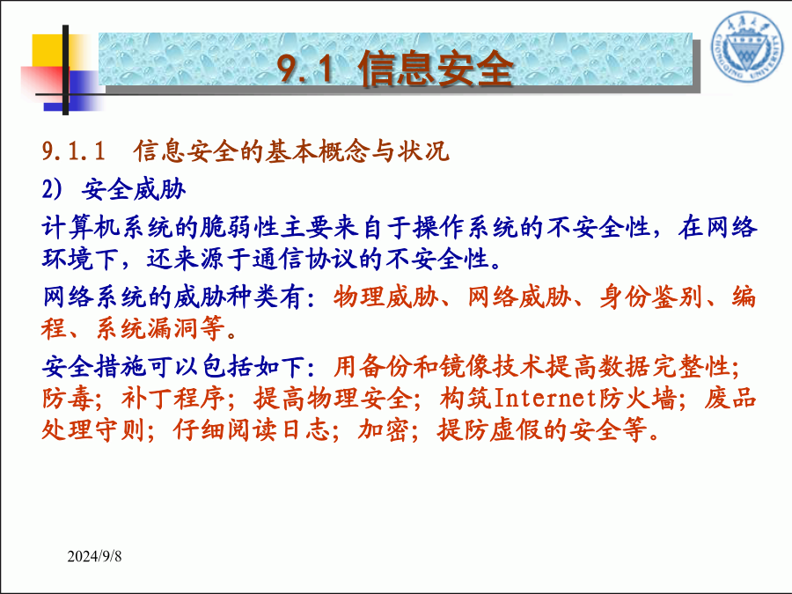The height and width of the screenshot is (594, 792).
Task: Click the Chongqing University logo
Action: click(748, 48)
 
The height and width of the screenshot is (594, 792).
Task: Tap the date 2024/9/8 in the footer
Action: click(94, 556)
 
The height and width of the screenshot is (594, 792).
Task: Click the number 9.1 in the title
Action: click(305, 68)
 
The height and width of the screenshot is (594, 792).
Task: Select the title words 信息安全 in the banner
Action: click(436, 68)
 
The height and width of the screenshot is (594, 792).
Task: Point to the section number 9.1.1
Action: click(74, 151)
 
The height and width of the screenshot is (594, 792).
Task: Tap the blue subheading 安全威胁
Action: click(134, 189)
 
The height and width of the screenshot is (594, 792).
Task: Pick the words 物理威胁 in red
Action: click(386, 297)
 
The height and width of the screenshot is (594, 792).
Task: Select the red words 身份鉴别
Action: click(651, 297)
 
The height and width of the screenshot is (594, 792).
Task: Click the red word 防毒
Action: click(68, 399)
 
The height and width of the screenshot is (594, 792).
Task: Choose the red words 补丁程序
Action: click(173, 399)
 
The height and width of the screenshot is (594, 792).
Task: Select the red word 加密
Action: click(384, 429)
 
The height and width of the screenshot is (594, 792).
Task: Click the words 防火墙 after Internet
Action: click(638, 399)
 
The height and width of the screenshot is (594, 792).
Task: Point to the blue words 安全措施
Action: click(94, 367)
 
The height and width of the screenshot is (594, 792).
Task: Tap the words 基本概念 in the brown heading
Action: click(318, 151)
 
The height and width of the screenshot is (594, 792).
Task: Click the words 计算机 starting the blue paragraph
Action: click(81, 227)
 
